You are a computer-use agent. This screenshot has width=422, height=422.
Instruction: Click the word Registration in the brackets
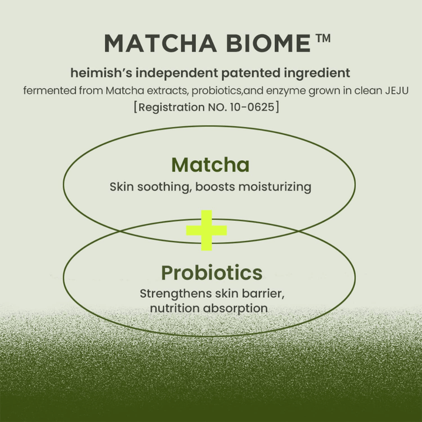click(x=169, y=108)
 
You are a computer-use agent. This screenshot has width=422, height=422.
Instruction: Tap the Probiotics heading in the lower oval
click(x=211, y=273)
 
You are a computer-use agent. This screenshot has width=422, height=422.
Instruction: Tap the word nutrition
click(x=173, y=308)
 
